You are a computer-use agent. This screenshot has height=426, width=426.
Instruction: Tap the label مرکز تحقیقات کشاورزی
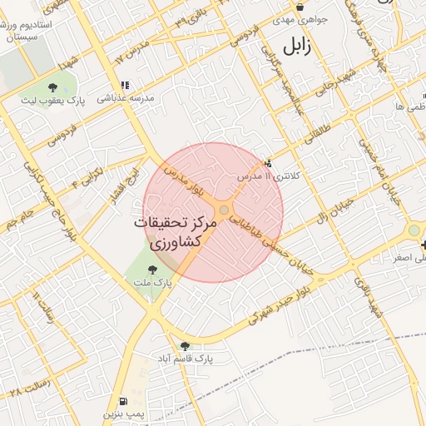(x=176, y=235)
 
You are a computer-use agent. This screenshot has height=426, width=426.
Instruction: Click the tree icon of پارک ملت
(x=152, y=269)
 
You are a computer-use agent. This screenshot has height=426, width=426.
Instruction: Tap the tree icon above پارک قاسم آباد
(x=185, y=345)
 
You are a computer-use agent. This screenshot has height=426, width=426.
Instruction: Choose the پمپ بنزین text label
(x=124, y=414)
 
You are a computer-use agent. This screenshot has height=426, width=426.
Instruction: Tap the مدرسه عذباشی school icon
(x=125, y=85)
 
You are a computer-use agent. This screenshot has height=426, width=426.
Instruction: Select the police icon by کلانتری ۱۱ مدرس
(x=267, y=163)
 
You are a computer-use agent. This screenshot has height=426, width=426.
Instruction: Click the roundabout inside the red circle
(x=225, y=210)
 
